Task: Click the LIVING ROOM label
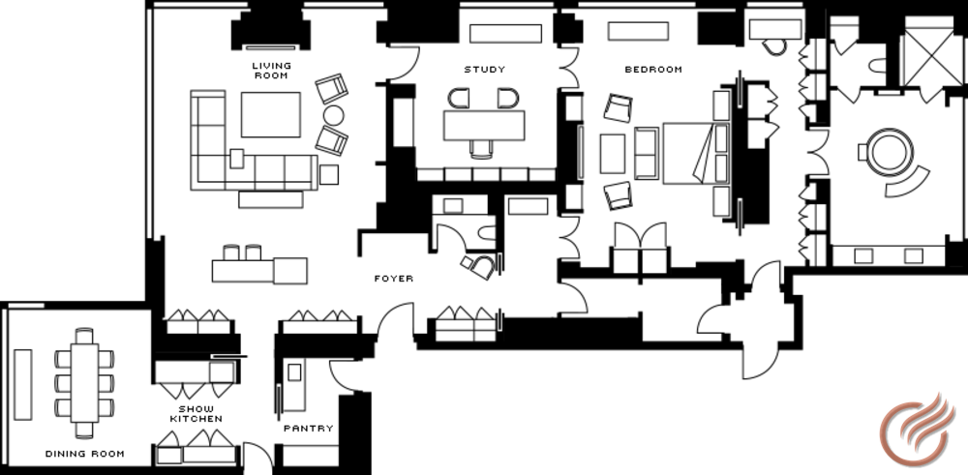(x=272, y=71)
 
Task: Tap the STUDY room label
(x=485, y=70)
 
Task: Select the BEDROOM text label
(x=653, y=70)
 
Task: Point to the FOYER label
(x=394, y=279)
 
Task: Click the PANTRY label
(x=309, y=429)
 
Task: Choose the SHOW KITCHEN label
(x=197, y=414)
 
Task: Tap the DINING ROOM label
(x=85, y=454)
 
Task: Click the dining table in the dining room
(x=84, y=383)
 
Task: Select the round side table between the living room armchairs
(x=333, y=115)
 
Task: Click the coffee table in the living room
(x=271, y=115)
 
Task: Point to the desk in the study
(x=484, y=126)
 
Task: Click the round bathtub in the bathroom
(x=890, y=153)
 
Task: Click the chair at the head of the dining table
(x=84, y=336)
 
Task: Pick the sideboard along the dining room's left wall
(x=23, y=385)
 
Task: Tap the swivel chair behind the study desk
(x=481, y=149)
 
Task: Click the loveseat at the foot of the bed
(x=647, y=153)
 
